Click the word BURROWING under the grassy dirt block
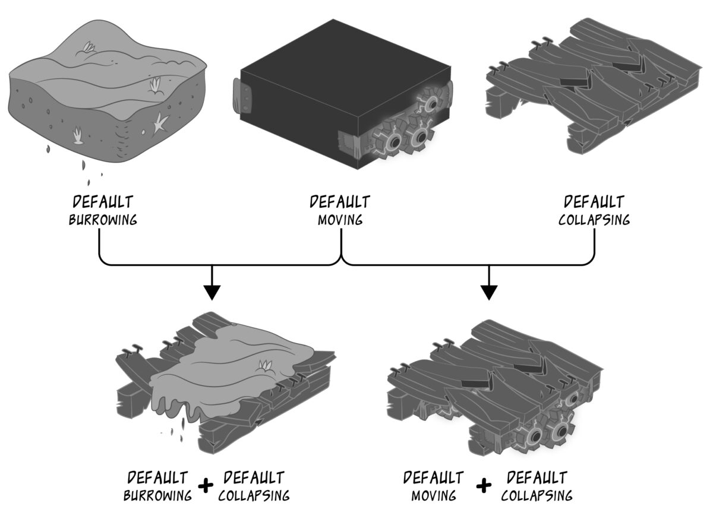click(103, 220)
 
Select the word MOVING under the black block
click(340, 220)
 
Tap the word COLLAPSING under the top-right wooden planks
click(594, 220)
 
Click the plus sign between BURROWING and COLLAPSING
click(206, 486)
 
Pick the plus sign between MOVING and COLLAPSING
click(484, 486)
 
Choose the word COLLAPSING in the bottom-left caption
click(254, 495)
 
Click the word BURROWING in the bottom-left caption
click(158, 495)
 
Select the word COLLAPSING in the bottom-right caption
click(537, 495)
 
